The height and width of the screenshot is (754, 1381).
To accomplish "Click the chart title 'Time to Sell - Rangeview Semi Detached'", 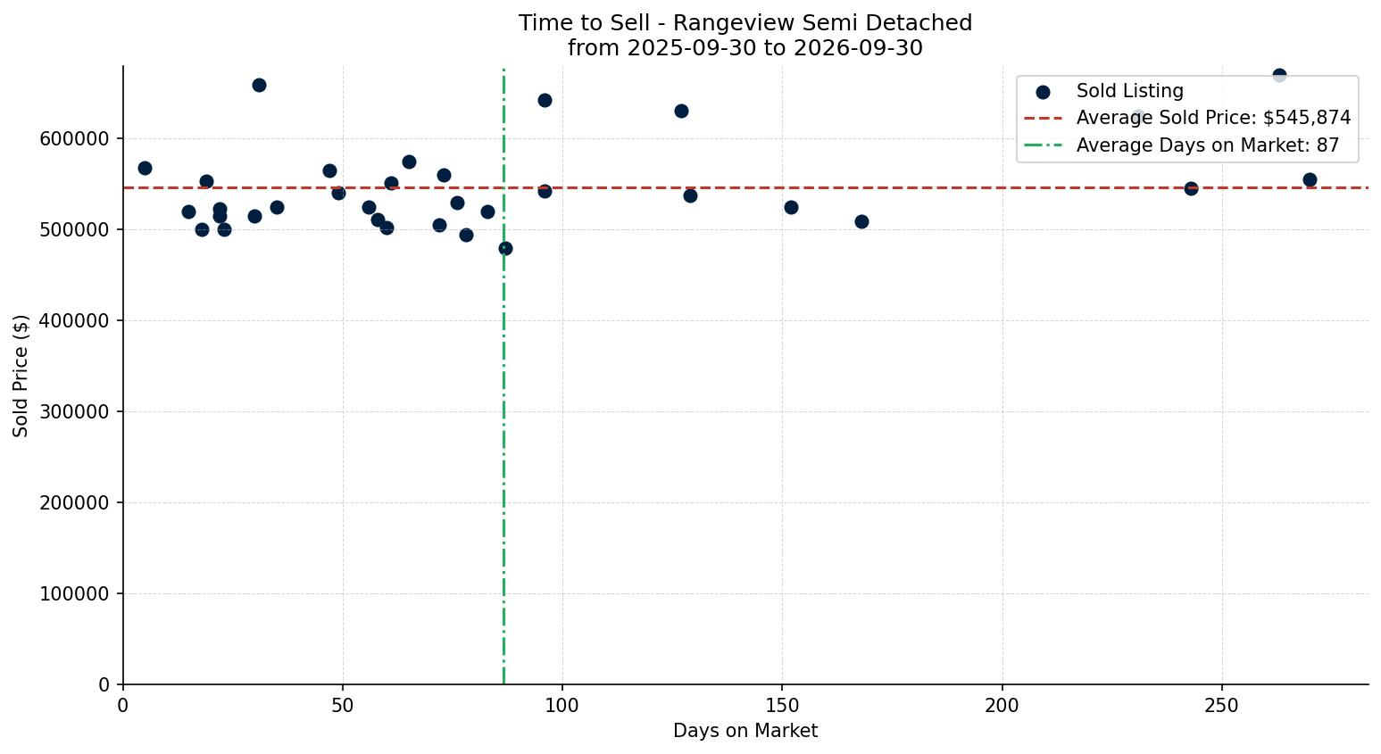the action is pos(745,23).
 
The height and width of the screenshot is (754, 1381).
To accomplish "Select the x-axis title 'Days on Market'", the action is pos(745,731).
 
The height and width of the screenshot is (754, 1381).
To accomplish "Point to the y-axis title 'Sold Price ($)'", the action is pos(21,376).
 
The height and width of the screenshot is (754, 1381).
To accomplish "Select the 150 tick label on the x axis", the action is pos(782,706).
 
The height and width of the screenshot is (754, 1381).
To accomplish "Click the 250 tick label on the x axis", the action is pos(1221,706).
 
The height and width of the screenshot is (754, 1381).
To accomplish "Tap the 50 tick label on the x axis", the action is pos(343,706).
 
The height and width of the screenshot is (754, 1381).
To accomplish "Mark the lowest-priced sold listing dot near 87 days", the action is pos(505,249).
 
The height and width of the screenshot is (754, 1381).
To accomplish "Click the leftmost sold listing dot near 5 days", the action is pos(145,168).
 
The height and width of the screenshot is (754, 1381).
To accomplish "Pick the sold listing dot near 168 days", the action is pos(861,222).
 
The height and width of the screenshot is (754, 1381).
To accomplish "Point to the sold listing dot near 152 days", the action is pos(791,208).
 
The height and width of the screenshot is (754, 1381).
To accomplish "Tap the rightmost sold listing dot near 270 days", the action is pos(1310,180).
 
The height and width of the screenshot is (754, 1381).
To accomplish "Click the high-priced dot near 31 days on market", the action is pos(259,85).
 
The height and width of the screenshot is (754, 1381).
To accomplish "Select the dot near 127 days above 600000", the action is pos(681,112).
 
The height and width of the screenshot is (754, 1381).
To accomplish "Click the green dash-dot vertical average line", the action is pos(503,377).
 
